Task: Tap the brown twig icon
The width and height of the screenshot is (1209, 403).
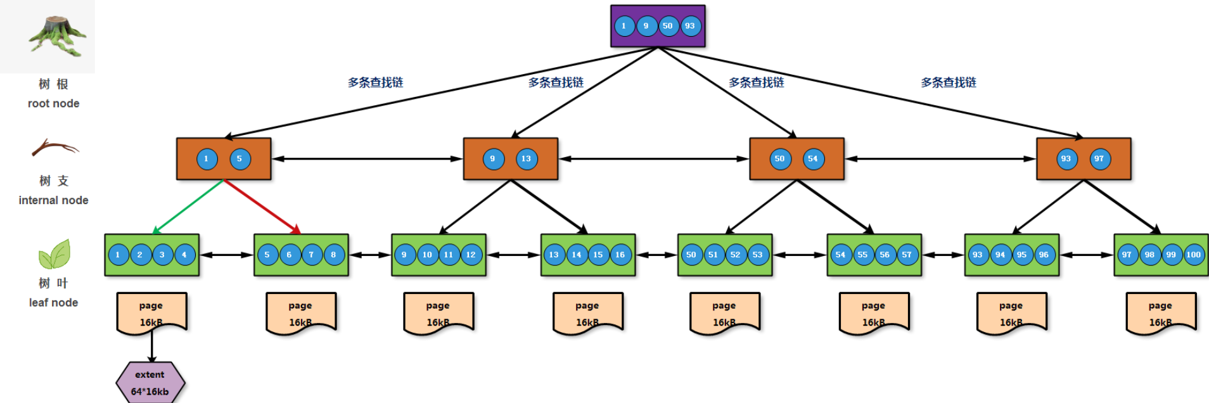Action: [55, 148]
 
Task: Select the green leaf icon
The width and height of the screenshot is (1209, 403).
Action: [54, 254]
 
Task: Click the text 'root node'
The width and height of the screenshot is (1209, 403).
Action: [54, 103]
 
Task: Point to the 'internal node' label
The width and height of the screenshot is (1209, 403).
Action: [54, 200]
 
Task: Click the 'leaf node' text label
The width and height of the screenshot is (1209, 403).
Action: [54, 303]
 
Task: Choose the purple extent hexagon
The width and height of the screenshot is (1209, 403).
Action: [150, 383]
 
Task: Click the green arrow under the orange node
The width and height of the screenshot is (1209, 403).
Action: [188, 207]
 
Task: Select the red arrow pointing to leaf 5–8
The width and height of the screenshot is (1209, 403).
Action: [262, 207]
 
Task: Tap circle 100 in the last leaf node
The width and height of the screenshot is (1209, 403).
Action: [1194, 255]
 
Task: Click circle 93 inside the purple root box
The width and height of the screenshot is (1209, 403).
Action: [690, 26]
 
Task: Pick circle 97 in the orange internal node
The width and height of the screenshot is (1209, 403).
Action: [1099, 159]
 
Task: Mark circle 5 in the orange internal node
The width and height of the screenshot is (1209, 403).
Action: [240, 159]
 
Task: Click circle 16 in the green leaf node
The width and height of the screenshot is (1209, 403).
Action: [620, 255]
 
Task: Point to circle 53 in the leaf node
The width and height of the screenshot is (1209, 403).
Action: [758, 255]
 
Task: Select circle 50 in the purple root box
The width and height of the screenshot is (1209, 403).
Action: [668, 26]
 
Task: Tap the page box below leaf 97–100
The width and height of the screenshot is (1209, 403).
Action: [1161, 313]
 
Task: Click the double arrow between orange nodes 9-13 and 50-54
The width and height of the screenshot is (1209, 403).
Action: [654, 159]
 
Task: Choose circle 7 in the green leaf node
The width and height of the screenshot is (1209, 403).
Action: [312, 255]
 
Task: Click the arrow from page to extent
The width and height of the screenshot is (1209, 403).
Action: [152, 346]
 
